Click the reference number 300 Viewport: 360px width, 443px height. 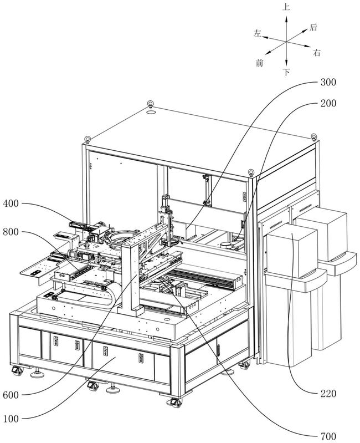point(328,82)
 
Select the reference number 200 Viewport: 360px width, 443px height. point(328,104)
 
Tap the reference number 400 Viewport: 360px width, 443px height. point(11,203)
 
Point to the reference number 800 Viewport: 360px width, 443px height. point(11,232)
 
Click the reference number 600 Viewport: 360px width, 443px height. point(11,395)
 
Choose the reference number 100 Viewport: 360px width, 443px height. point(11,419)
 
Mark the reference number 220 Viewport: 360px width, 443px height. point(328,394)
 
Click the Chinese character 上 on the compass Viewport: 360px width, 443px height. point(286,7)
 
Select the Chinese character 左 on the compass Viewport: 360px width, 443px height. point(258,33)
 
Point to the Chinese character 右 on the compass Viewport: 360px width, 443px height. point(317,53)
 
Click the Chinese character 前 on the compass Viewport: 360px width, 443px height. point(260,63)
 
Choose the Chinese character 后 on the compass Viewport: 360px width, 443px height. point(313,27)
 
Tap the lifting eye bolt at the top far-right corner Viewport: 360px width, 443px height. point(314,137)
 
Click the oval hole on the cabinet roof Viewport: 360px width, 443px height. point(151,112)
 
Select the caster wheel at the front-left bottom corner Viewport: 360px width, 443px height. point(17,370)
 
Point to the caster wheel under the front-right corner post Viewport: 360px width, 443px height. point(175,403)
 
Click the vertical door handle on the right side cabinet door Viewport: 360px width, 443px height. point(218,350)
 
